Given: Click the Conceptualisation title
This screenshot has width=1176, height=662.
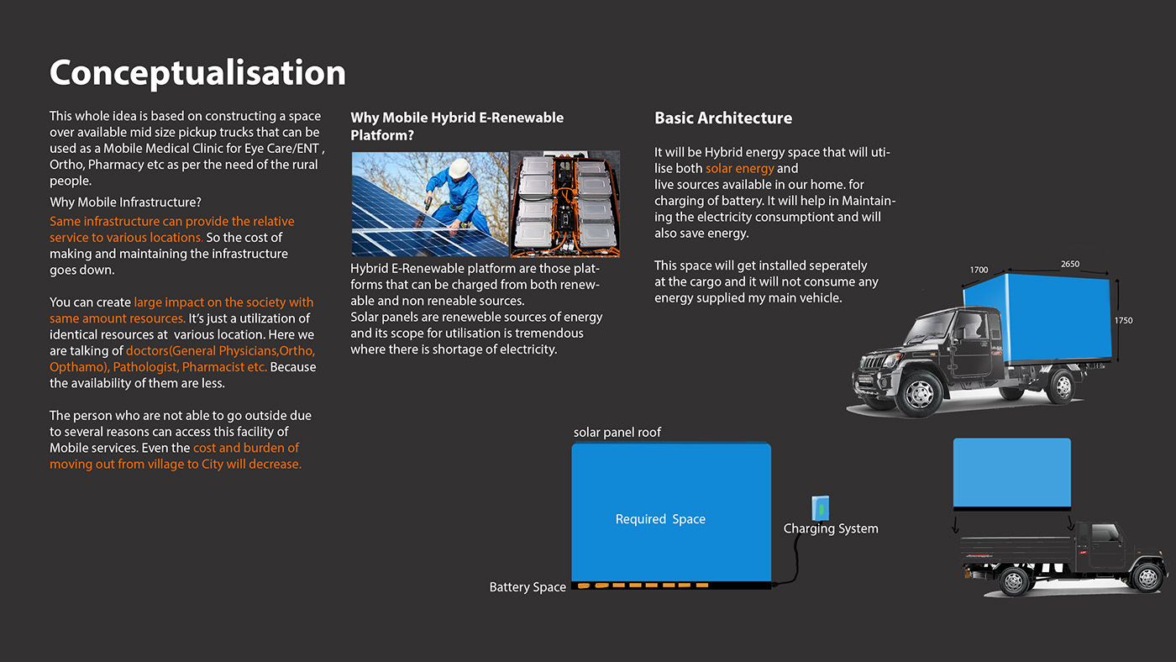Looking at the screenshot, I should pos(197,73).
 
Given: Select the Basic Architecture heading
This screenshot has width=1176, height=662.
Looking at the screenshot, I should pos(723,118).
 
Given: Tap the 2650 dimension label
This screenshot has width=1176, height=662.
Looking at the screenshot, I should pos(1069,265).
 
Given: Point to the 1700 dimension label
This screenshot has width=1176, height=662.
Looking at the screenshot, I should pos(979,271).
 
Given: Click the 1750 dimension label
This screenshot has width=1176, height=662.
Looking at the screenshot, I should pos(1123,321).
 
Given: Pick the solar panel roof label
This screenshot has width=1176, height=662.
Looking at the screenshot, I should pos(617,433).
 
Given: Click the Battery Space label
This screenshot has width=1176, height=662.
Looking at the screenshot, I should pos(528,587).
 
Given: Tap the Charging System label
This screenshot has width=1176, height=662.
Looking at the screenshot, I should pos(831,528).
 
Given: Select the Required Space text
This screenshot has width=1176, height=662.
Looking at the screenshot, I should pos(660,519).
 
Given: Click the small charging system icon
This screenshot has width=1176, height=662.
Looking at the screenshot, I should pos(821,507).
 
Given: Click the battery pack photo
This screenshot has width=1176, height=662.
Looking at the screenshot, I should pos(565,204).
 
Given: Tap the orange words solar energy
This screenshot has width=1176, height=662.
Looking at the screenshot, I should pos(739,169).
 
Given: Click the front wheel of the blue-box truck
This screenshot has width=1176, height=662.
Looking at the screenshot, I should pos(921,393).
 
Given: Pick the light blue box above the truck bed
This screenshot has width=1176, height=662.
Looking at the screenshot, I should pos(1011,472).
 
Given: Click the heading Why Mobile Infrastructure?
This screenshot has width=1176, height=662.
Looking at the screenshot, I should pos(125,202).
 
